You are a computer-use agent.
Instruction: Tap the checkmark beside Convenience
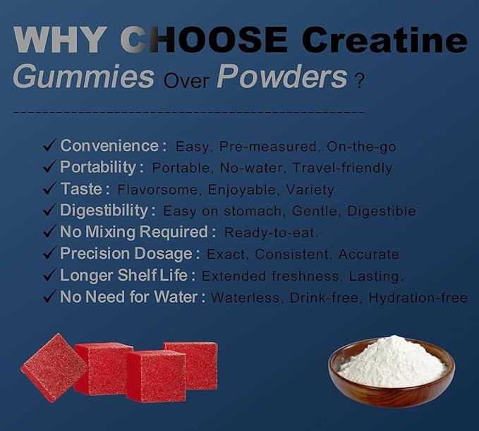(49, 146)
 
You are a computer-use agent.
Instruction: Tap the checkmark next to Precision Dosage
(49, 254)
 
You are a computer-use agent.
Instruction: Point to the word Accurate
(368, 255)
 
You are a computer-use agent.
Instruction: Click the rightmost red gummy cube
(192, 364)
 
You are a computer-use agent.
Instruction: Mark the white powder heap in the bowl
(392, 361)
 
